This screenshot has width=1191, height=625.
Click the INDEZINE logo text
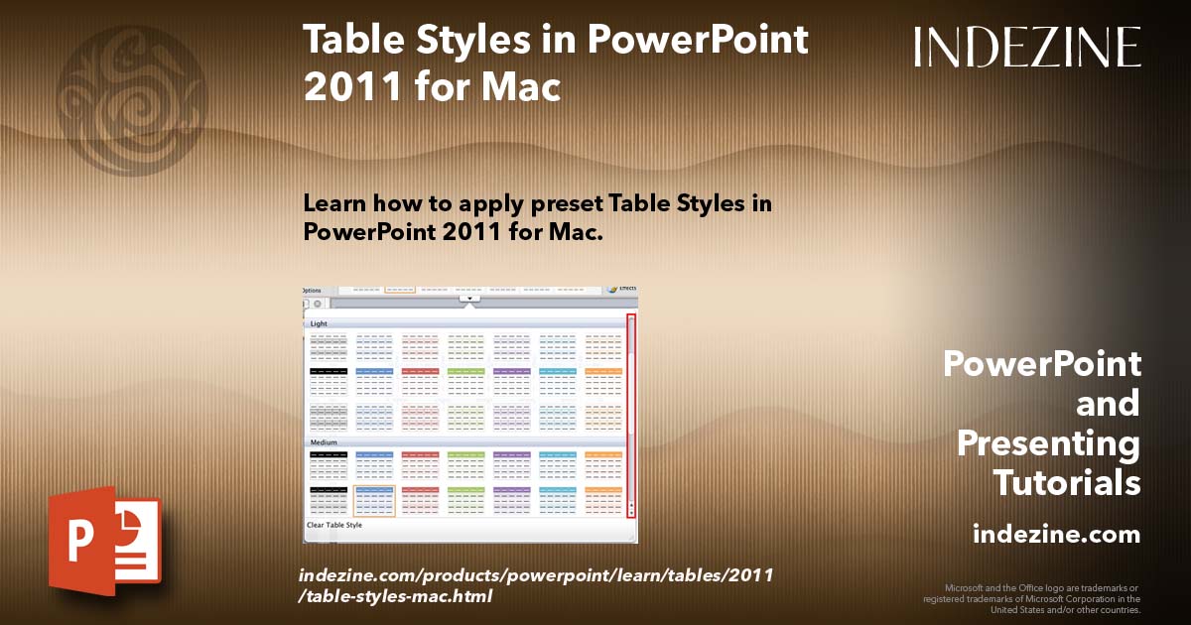1027,47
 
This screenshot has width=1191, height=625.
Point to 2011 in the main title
346,86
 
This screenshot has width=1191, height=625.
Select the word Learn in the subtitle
335,203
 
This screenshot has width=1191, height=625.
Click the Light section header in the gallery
320,323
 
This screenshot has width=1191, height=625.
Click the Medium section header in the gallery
324,442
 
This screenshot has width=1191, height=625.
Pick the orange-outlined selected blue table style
374,501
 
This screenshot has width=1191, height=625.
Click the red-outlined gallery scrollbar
631,416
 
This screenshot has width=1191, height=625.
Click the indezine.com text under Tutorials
1056,535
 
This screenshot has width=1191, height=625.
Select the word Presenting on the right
1048,443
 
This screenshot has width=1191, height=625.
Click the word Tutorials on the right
1066,483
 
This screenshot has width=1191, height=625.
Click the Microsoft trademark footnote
1031,598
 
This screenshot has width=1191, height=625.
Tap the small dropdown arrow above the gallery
469,297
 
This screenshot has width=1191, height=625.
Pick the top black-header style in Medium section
329,464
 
